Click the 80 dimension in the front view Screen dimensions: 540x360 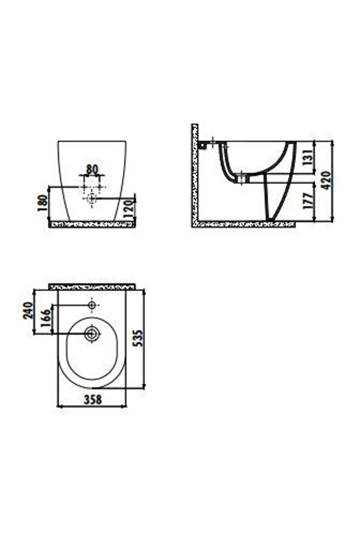click(x=92, y=169)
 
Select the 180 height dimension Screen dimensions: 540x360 click(x=42, y=204)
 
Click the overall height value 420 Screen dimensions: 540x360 click(x=328, y=180)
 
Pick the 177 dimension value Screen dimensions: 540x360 click(x=308, y=201)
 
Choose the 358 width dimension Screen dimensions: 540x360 click(x=93, y=400)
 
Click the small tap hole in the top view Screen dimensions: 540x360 click(x=92, y=304)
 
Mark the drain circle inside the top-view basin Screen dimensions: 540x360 click(x=92, y=334)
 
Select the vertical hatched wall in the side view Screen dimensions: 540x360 click(x=195, y=174)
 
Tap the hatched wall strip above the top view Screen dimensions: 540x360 click(x=93, y=287)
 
